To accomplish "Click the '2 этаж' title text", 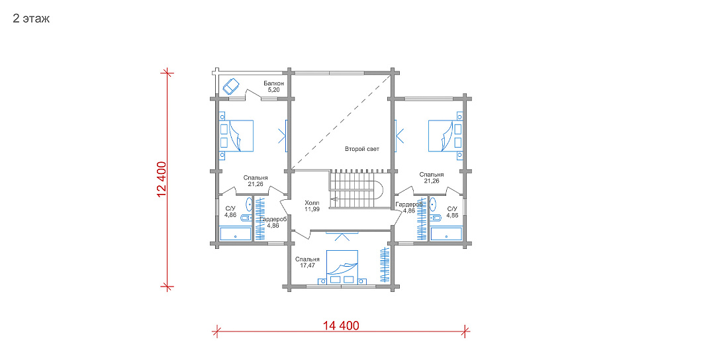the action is click(x=31, y=19).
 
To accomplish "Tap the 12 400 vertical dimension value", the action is click(x=162, y=179).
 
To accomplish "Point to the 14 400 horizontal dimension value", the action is click(x=342, y=325).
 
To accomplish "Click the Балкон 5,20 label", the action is click(x=274, y=87).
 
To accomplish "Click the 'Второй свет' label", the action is click(x=362, y=149).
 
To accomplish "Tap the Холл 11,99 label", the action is click(x=312, y=206).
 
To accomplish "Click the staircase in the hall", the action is click(x=356, y=189).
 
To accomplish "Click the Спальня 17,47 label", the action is click(x=308, y=263).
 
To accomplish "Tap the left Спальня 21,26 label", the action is click(x=256, y=181).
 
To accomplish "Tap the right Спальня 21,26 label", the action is click(x=432, y=177).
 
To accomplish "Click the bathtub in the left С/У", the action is click(x=236, y=234).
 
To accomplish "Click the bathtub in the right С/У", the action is click(x=446, y=234).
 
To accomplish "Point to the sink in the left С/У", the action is click(x=249, y=204).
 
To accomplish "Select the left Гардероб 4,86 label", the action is click(x=273, y=222).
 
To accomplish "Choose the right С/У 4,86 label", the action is click(x=452, y=212).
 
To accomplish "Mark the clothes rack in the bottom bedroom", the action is click(x=385, y=265).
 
